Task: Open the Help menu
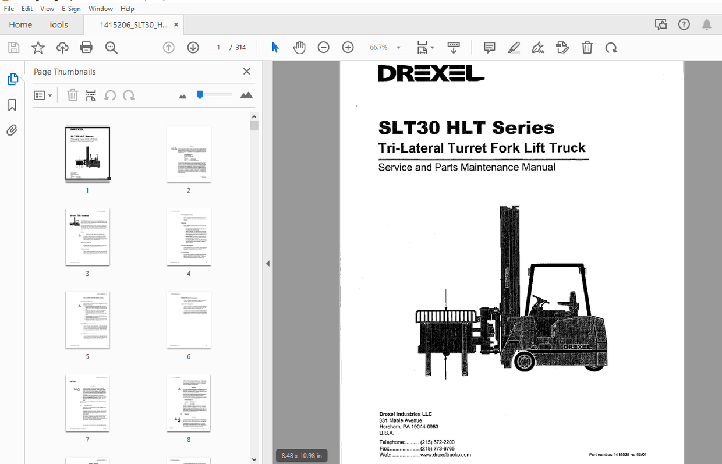pos(128,9)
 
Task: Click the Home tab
pos(20,24)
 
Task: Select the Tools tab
pos(58,24)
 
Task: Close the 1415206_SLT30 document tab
pos(176,24)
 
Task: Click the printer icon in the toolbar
pos(86,48)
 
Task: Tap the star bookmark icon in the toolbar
pos(38,48)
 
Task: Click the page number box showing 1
pos(218,48)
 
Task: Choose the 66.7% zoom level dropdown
pos(385,48)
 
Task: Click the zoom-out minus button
pos(324,48)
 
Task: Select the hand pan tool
pos(299,48)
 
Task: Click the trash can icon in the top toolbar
pos(587,48)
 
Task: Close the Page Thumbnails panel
pos(247,72)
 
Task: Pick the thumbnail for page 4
pos(189,237)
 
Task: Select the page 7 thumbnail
pos(87,403)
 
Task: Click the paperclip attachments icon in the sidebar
pos(12,130)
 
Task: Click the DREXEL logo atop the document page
pos(431,73)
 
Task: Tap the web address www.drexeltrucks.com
pos(445,455)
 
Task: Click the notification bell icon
pos(706,24)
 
